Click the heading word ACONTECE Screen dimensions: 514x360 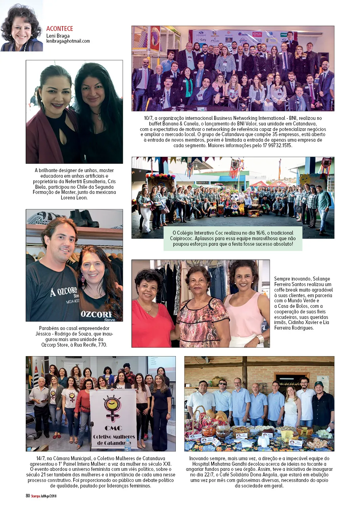pos(59,29)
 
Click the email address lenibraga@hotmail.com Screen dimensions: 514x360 pos(68,41)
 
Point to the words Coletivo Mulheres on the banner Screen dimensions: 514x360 pos(113,436)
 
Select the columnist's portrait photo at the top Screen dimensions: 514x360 pos(21,26)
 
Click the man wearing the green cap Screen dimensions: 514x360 pos(323,406)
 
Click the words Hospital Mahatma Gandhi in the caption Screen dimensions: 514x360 pos(218,464)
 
